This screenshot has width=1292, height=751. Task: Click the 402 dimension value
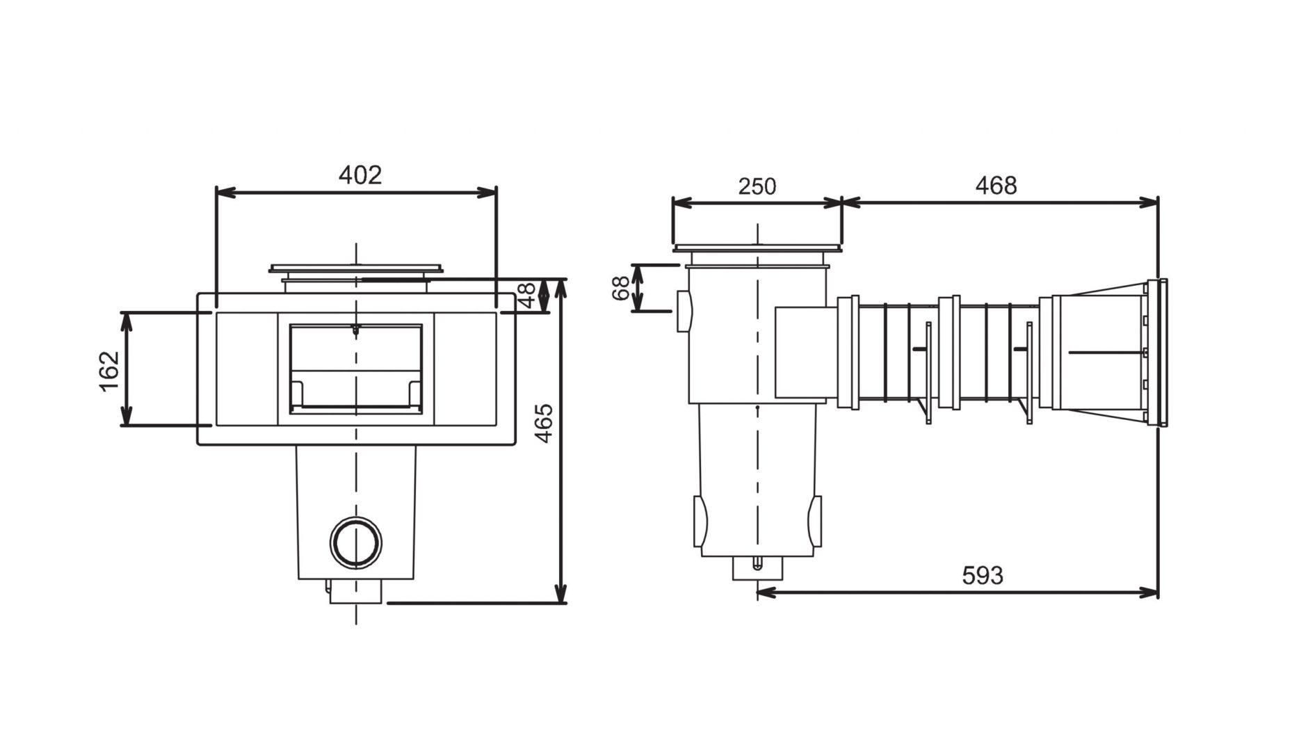[360, 175]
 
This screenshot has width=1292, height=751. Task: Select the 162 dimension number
[110, 371]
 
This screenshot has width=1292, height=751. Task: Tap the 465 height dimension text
[544, 422]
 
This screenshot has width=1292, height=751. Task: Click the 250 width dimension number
[757, 186]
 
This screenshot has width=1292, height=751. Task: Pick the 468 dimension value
[996, 186]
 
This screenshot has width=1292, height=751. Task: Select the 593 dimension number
[983, 575]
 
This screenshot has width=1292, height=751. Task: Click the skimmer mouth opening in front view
[355, 368]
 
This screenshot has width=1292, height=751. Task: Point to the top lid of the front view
[355, 268]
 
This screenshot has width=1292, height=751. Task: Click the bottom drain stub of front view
[356, 592]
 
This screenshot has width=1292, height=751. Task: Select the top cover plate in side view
[757, 248]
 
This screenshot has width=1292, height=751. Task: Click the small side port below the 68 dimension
[683, 311]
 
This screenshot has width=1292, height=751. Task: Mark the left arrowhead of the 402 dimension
[223, 193]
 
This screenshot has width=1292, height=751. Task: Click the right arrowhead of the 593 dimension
[1151, 592]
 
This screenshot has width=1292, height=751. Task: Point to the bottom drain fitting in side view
[757, 569]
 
